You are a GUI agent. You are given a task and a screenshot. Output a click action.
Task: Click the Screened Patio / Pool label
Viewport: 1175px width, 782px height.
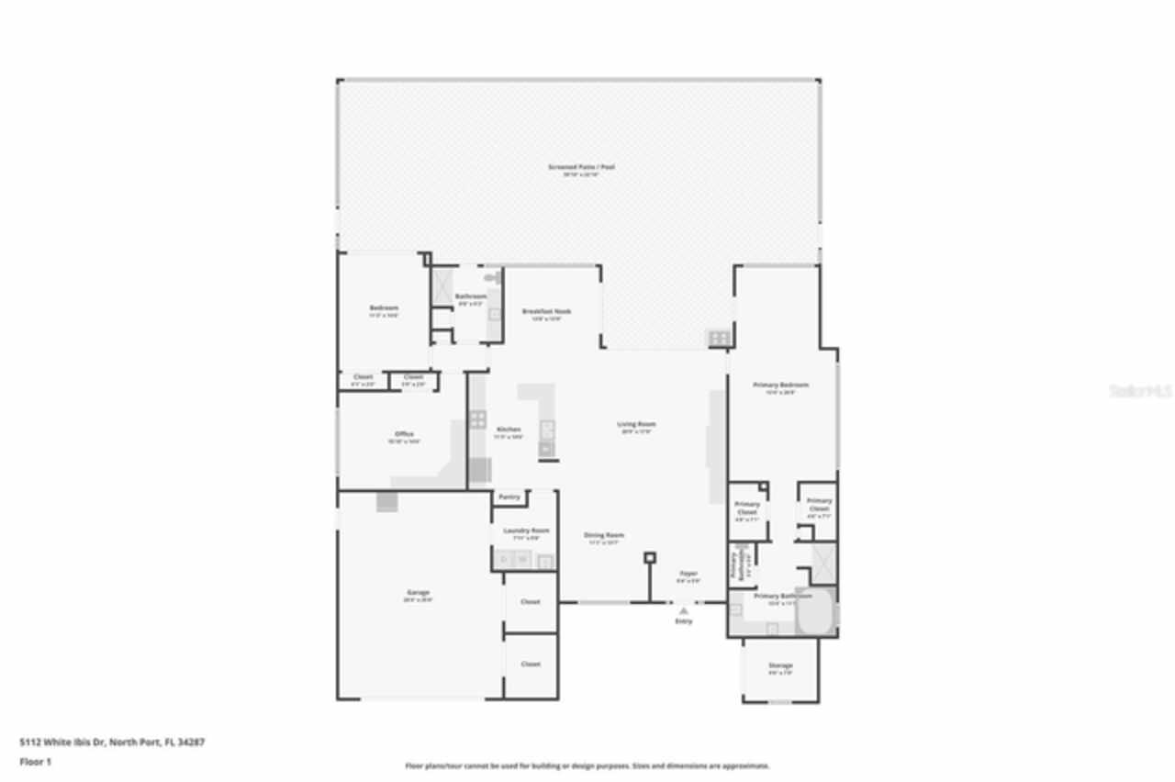581,167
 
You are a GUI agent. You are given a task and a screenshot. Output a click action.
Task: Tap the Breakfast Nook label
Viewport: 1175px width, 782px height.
546,311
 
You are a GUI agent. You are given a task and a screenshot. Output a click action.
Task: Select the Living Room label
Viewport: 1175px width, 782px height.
636,424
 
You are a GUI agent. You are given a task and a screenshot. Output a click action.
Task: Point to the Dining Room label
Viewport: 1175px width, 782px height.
604,535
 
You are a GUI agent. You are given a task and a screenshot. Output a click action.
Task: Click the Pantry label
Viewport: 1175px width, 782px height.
509,497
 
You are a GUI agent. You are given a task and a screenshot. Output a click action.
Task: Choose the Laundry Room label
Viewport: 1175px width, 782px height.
527,531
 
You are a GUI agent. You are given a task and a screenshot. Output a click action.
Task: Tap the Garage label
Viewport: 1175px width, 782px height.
418,593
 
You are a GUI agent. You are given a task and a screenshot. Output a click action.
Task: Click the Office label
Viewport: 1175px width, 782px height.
404,434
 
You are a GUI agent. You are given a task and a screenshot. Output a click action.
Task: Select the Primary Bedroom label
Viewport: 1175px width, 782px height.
780,385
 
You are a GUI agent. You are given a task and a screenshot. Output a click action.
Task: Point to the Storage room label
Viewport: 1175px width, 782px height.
780,665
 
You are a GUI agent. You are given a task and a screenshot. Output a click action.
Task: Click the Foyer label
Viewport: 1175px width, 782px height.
688,574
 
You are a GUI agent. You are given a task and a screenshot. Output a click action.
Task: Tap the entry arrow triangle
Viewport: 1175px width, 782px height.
683,610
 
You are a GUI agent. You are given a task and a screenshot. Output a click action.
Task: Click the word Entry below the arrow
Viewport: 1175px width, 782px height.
684,621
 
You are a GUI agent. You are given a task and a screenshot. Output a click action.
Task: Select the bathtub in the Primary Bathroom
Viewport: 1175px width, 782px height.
815,611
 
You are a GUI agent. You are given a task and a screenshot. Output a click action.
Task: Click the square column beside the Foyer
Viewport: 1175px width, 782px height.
650,557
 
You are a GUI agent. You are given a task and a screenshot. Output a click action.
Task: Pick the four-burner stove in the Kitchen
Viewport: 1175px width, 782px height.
477,419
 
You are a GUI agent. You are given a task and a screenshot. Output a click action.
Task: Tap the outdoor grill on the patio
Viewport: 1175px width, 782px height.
719,339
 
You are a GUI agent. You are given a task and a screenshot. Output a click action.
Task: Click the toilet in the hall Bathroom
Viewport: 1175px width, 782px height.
491,277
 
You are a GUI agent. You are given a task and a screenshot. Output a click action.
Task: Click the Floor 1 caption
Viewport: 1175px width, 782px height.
36,762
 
